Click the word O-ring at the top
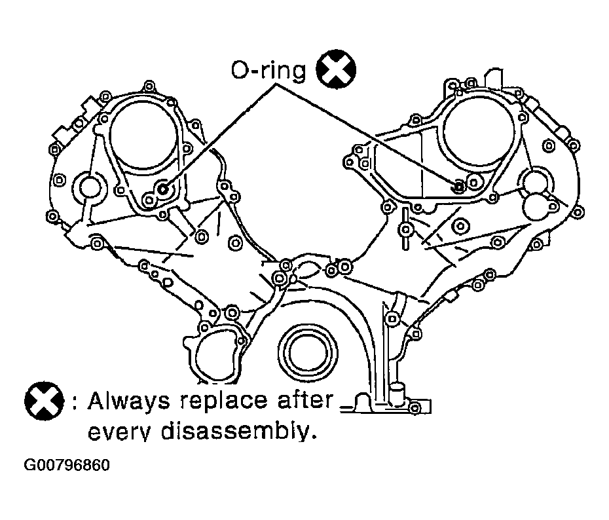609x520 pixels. [x=268, y=70]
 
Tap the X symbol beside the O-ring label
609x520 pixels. [x=336, y=69]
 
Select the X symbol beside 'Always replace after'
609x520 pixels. [x=45, y=400]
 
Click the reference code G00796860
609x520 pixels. [x=67, y=465]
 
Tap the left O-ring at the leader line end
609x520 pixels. [x=163, y=189]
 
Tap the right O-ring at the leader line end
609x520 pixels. [x=458, y=187]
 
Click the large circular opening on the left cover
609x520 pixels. [x=143, y=135]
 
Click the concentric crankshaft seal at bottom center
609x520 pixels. [x=307, y=352]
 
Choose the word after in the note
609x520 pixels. [x=305, y=399]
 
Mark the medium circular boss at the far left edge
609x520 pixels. [x=90, y=187]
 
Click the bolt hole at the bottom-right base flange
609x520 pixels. [x=415, y=408]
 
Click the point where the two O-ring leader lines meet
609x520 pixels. [x=276, y=83]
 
